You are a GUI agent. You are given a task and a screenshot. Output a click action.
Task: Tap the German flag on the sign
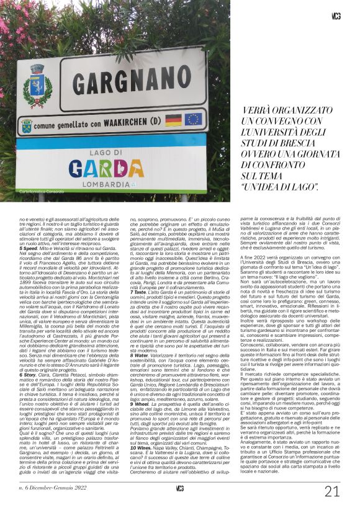pyautogui.click(x=173, y=120)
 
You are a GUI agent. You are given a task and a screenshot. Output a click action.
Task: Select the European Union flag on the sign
pyautogui.click(x=192, y=119)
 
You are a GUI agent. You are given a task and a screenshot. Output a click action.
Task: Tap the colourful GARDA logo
pyautogui.click(x=114, y=168)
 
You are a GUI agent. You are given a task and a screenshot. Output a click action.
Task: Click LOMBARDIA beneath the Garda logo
pyautogui.click(x=115, y=185)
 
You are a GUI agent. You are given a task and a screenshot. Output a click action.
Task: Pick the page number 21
pyautogui.click(x=332, y=491)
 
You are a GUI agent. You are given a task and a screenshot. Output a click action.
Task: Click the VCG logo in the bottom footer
pyautogui.click(x=180, y=489)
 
